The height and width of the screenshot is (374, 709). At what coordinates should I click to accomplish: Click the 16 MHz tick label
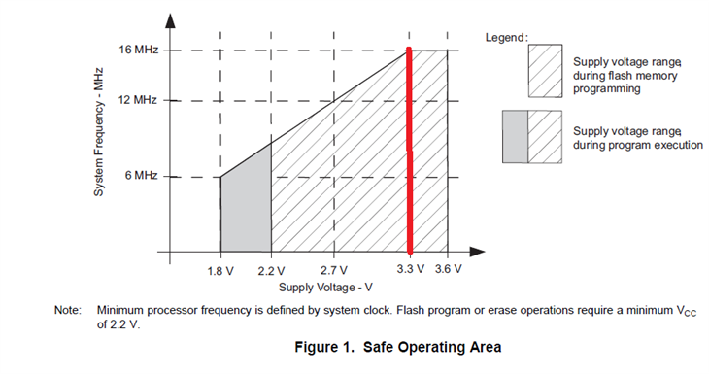tap(138, 50)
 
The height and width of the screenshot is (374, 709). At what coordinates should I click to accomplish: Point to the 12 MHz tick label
tap(138, 99)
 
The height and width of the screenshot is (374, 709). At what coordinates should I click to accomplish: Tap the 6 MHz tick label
tap(141, 175)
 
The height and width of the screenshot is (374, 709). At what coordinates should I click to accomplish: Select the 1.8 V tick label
tap(220, 271)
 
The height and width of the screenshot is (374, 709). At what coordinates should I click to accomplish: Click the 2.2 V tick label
tap(271, 271)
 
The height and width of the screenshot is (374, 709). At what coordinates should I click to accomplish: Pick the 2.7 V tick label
tap(334, 270)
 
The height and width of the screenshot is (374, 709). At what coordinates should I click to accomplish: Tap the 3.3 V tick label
tap(411, 269)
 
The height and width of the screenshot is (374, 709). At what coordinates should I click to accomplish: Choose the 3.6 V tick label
tap(448, 269)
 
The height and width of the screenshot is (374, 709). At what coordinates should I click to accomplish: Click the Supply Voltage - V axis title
tap(325, 288)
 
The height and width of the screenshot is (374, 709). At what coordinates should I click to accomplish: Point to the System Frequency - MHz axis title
tap(98, 132)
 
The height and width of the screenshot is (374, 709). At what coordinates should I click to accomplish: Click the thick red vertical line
tap(410, 151)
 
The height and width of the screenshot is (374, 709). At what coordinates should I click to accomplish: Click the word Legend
tap(506, 38)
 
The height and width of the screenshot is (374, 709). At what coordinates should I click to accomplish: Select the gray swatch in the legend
tap(515, 137)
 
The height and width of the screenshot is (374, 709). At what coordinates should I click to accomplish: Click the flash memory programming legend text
tap(627, 75)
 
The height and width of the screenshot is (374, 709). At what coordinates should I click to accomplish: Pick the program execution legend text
tap(638, 138)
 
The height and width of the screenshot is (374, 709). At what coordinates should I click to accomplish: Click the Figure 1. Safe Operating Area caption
tap(398, 347)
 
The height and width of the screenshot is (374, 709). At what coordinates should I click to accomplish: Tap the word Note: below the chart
tap(68, 310)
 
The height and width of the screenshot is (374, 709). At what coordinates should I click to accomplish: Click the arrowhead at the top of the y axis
tap(170, 20)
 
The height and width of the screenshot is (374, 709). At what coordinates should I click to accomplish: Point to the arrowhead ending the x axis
tap(477, 252)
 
